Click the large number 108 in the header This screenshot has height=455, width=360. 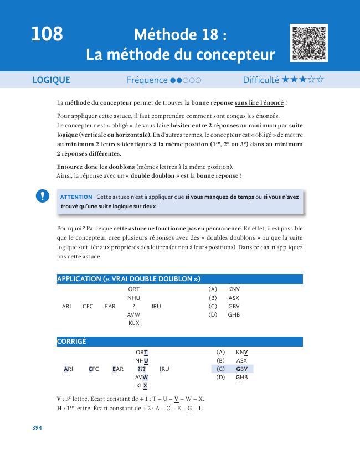point(47,35)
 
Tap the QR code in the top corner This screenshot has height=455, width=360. point(308,43)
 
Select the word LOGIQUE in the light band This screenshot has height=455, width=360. point(52,80)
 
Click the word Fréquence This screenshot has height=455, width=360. point(147,80)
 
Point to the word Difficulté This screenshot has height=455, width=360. point(261,80)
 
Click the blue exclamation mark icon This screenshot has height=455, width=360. point(42,196)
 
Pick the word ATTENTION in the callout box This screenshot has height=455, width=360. point(76,197)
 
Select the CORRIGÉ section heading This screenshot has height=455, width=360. point(71,342)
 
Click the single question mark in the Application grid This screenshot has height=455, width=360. point(133,306)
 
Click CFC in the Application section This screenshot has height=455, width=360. point(88,306)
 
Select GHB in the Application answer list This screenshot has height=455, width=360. point(234,314)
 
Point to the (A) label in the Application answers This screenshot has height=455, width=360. point(212,289)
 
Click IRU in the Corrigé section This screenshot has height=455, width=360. point(164,369)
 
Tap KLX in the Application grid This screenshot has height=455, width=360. point(133,323)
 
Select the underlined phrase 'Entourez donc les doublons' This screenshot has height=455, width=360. point(95,167)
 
